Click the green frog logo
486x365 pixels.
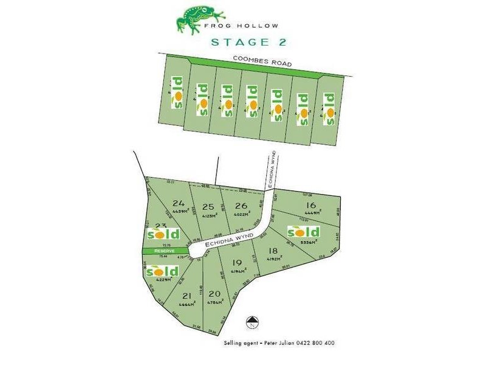coord(193,19)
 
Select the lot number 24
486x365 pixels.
coord(178,203)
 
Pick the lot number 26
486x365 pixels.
coord(241,206)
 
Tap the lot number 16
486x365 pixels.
coord(311,205)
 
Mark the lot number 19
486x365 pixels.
coord(237,262)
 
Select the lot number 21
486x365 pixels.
coord(187,296)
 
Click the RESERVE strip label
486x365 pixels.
coord(164,251)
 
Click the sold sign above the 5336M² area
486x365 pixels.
coord(304,232)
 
